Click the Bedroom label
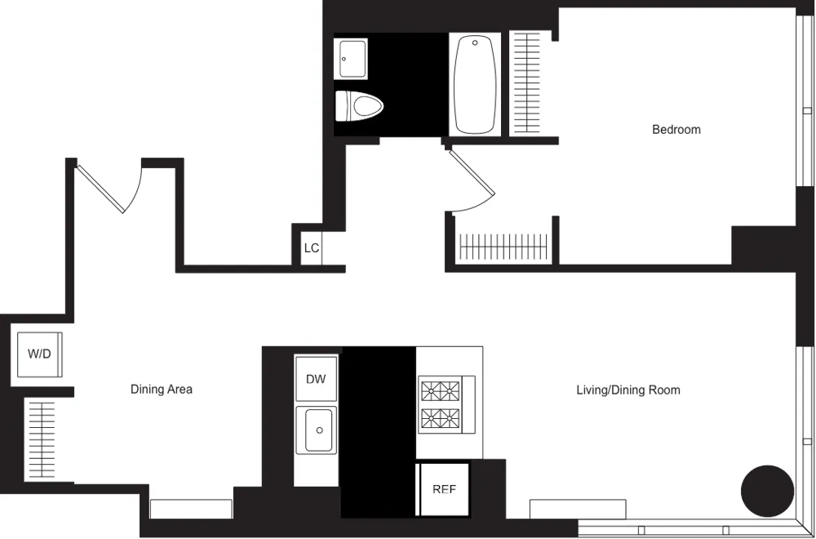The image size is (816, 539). point(676,129)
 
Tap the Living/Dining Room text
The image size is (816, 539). point(628,390)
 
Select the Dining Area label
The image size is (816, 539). point(162,390)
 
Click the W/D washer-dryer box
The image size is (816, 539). point(39,354)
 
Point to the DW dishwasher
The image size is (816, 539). point(316,379)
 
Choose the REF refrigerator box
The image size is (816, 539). point(444,489)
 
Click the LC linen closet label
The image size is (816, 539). point(311,248)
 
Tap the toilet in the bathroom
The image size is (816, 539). point(360,105)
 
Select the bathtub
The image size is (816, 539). point(474,83)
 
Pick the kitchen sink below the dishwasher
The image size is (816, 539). point(317,430)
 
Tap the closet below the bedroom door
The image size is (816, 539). point(501,245)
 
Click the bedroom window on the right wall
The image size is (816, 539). point(804,118)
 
